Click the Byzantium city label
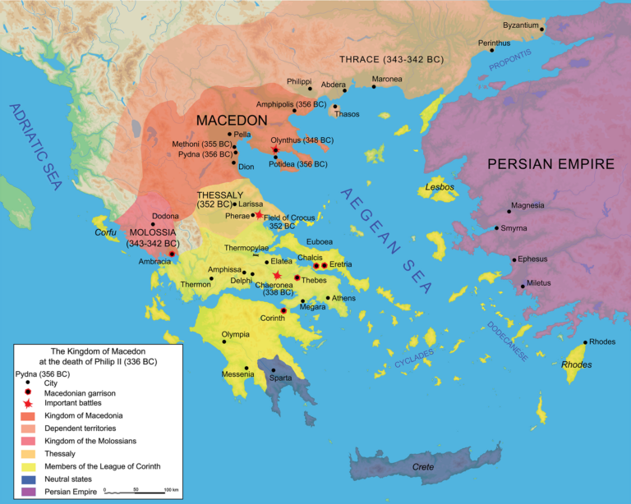pyautogui.click(x=521, y=25)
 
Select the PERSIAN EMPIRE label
pyautogui.click(x=550, y=164)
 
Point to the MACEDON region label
pyautogui.click(x=232, y=120)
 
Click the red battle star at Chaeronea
pyautogui.click(x=278, y=275)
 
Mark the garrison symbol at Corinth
pyautogui.click(x=283, y=310)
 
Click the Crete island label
pyautogui.click(x=423, y=467)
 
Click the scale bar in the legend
pyautogui.click(x=136, y=490)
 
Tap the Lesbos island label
pyautogui.click(x=440, y=187)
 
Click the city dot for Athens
pyautogui.click(x=328, y=298)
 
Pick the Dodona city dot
pyautogui.click(x=152, y=224)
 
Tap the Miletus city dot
pyautogui.click(x=523, y=286)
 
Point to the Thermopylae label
pyautogui.click(x=246, y=248)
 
